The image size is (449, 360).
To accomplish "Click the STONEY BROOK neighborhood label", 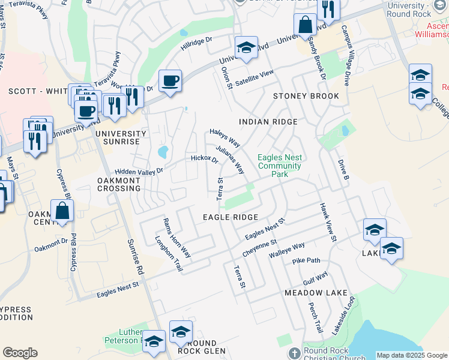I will [306, 96].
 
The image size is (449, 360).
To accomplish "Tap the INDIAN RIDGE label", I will [268, 122].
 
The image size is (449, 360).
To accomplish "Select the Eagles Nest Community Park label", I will [279, 166].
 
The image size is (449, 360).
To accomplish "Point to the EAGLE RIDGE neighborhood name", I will [231, 217].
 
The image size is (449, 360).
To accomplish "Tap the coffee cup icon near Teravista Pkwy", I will [170, 80].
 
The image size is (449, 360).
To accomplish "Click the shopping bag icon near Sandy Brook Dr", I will [305, 25].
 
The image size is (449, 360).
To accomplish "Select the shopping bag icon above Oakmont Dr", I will [62, 211].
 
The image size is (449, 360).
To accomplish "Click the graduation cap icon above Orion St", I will [246, 48].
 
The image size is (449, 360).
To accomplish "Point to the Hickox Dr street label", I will [204, 159].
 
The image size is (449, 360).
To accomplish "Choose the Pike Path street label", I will [306, 261].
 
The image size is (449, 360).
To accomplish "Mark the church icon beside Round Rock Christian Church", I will [294, 352].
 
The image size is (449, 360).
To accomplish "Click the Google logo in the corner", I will [20, 353].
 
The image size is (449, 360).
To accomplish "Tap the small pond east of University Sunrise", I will [162, 152].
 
